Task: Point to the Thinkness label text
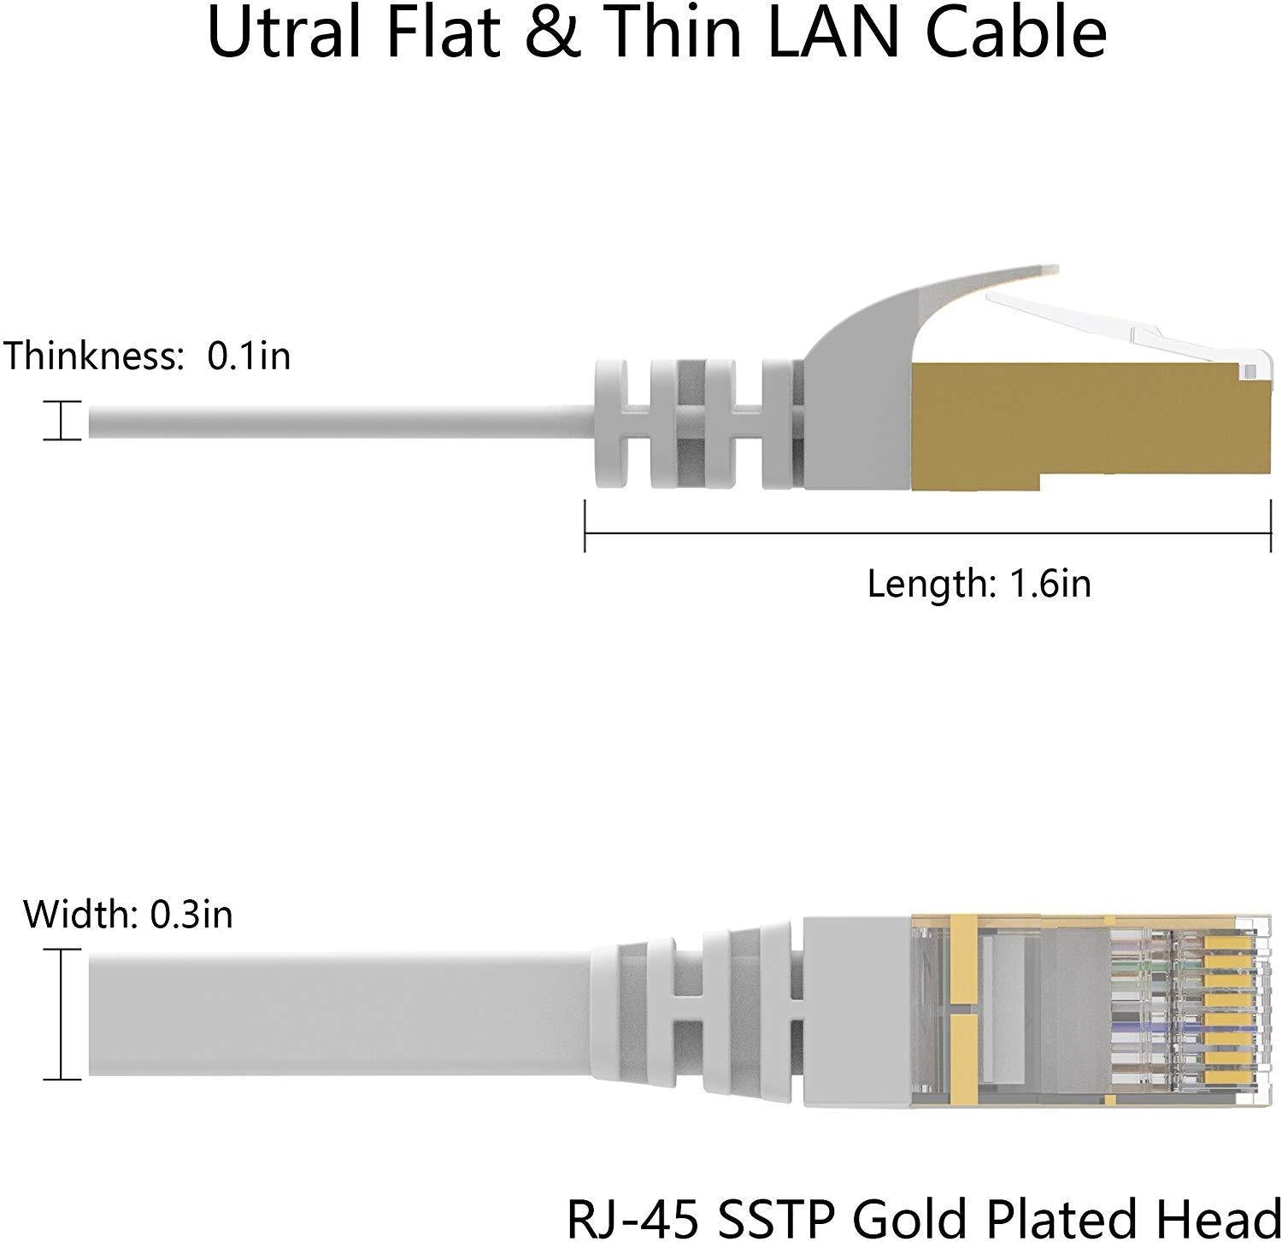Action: [x=94, y=355]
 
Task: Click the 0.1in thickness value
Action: [x=249, y=355]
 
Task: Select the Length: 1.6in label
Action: [x=979, y=584]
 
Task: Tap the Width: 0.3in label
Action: [x=128, y=915]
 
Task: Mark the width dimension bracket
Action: [x=62, y=1014]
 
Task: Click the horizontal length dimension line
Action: [x=928, y=534]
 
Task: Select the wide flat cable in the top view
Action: [x=342, y=1015]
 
